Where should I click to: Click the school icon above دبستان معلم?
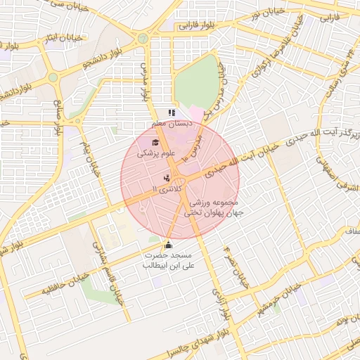(172, 112)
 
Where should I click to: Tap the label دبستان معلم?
(176, 123)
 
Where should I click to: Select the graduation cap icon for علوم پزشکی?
(155, 143)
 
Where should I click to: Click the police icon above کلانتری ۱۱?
(167, 179)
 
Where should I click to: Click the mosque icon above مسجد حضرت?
(167, 245)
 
